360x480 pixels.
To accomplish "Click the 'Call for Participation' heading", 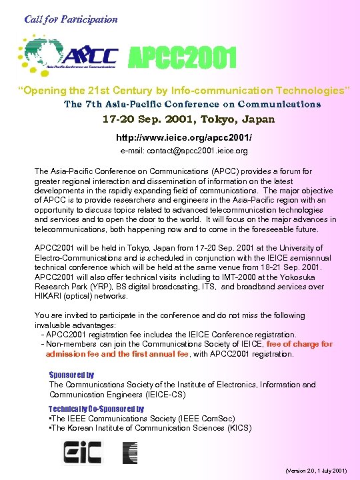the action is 71,19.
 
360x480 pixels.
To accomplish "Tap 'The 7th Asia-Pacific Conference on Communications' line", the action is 192,104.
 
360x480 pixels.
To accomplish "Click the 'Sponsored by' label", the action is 71,375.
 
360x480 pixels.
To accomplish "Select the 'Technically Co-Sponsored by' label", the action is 96,408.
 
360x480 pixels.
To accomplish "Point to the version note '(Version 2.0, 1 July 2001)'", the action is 315,470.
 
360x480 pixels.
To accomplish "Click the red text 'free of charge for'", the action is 299,344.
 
